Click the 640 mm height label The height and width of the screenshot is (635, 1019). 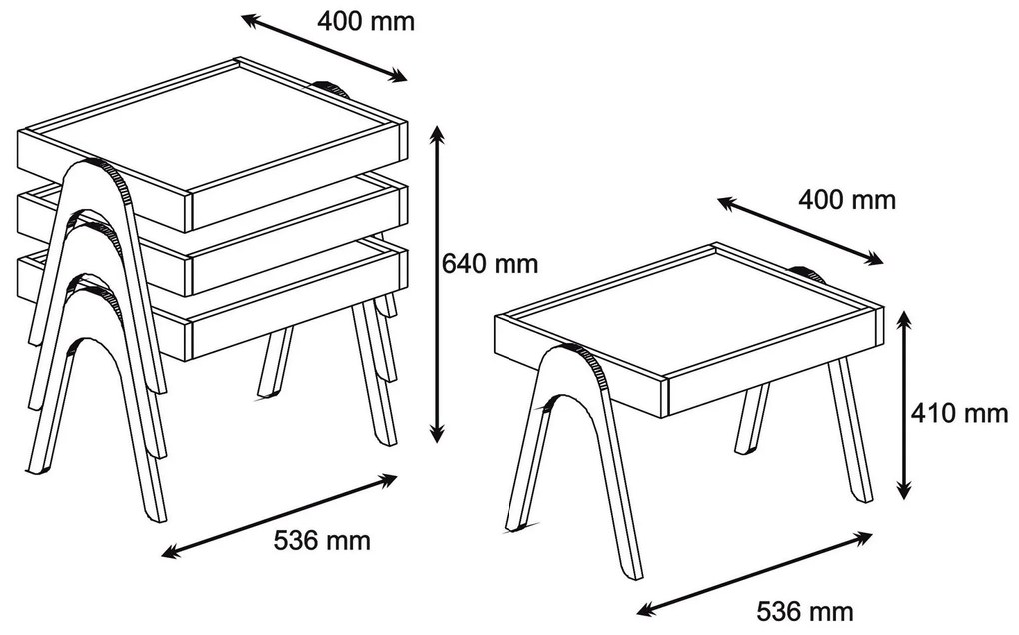click(x=490, y=264)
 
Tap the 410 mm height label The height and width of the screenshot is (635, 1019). click(x=959, y=413)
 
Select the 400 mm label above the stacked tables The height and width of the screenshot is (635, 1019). click(x=366, y=21)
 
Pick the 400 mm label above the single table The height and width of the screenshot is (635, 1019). click(x=847, y=200)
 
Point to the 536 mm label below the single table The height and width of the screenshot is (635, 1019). click(x=804, y=612)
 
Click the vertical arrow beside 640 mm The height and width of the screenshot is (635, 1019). click(x=438, y=284)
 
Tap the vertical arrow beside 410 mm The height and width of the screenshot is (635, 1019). click(x=904, y=405)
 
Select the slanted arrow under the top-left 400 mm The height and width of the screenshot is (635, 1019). click(x=324, y=48)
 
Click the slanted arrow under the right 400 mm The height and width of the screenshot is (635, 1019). click(x=800, y=231)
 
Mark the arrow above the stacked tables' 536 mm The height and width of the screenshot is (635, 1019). click(x=279, y=516)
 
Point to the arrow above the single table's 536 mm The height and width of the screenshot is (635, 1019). click(x=754, y=573)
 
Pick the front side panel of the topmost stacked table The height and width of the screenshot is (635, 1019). click(x=297, y=176)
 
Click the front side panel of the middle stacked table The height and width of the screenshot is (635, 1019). click(x=297, y=240)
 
